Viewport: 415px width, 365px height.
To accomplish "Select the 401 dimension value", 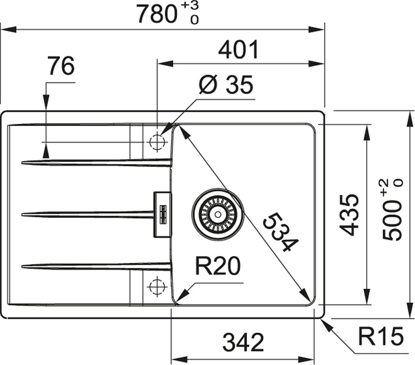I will [x=239, y=50].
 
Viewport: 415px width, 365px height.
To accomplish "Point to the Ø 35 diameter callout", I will [x=226, y=85].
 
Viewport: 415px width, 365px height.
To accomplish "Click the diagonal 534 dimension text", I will [x=279, y=233].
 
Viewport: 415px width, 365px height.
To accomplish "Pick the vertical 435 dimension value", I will [x=350, y=215].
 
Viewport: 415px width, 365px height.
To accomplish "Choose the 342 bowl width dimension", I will [x=243, y=343].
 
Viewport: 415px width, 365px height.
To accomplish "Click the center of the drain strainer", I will [x=218, y=213].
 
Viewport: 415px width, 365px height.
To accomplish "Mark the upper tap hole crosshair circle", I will [x=157, y=142].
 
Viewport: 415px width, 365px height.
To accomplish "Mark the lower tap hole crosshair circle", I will [x=157, y=286].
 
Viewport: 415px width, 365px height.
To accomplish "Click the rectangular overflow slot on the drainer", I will [x=163, y=214].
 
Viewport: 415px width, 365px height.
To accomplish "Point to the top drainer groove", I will [x=97, y=162].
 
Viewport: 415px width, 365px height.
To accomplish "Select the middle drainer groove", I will [x=87, y=214].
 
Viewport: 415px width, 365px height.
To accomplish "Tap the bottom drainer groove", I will [x=97, y=265].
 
